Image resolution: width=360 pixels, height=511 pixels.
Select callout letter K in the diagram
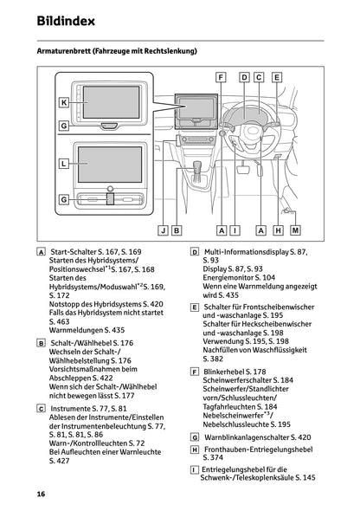(x=63, y=102)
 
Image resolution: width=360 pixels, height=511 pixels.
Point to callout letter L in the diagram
(x=63, y=162)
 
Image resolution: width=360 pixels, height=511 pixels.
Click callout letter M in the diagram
(x=295, y=230)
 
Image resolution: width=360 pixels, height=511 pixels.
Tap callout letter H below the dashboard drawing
(x=277, y=230)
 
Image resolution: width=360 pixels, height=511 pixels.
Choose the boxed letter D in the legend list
(x=194, y=251)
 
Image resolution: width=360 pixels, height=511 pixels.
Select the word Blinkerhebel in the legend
(x=225, y=371)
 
